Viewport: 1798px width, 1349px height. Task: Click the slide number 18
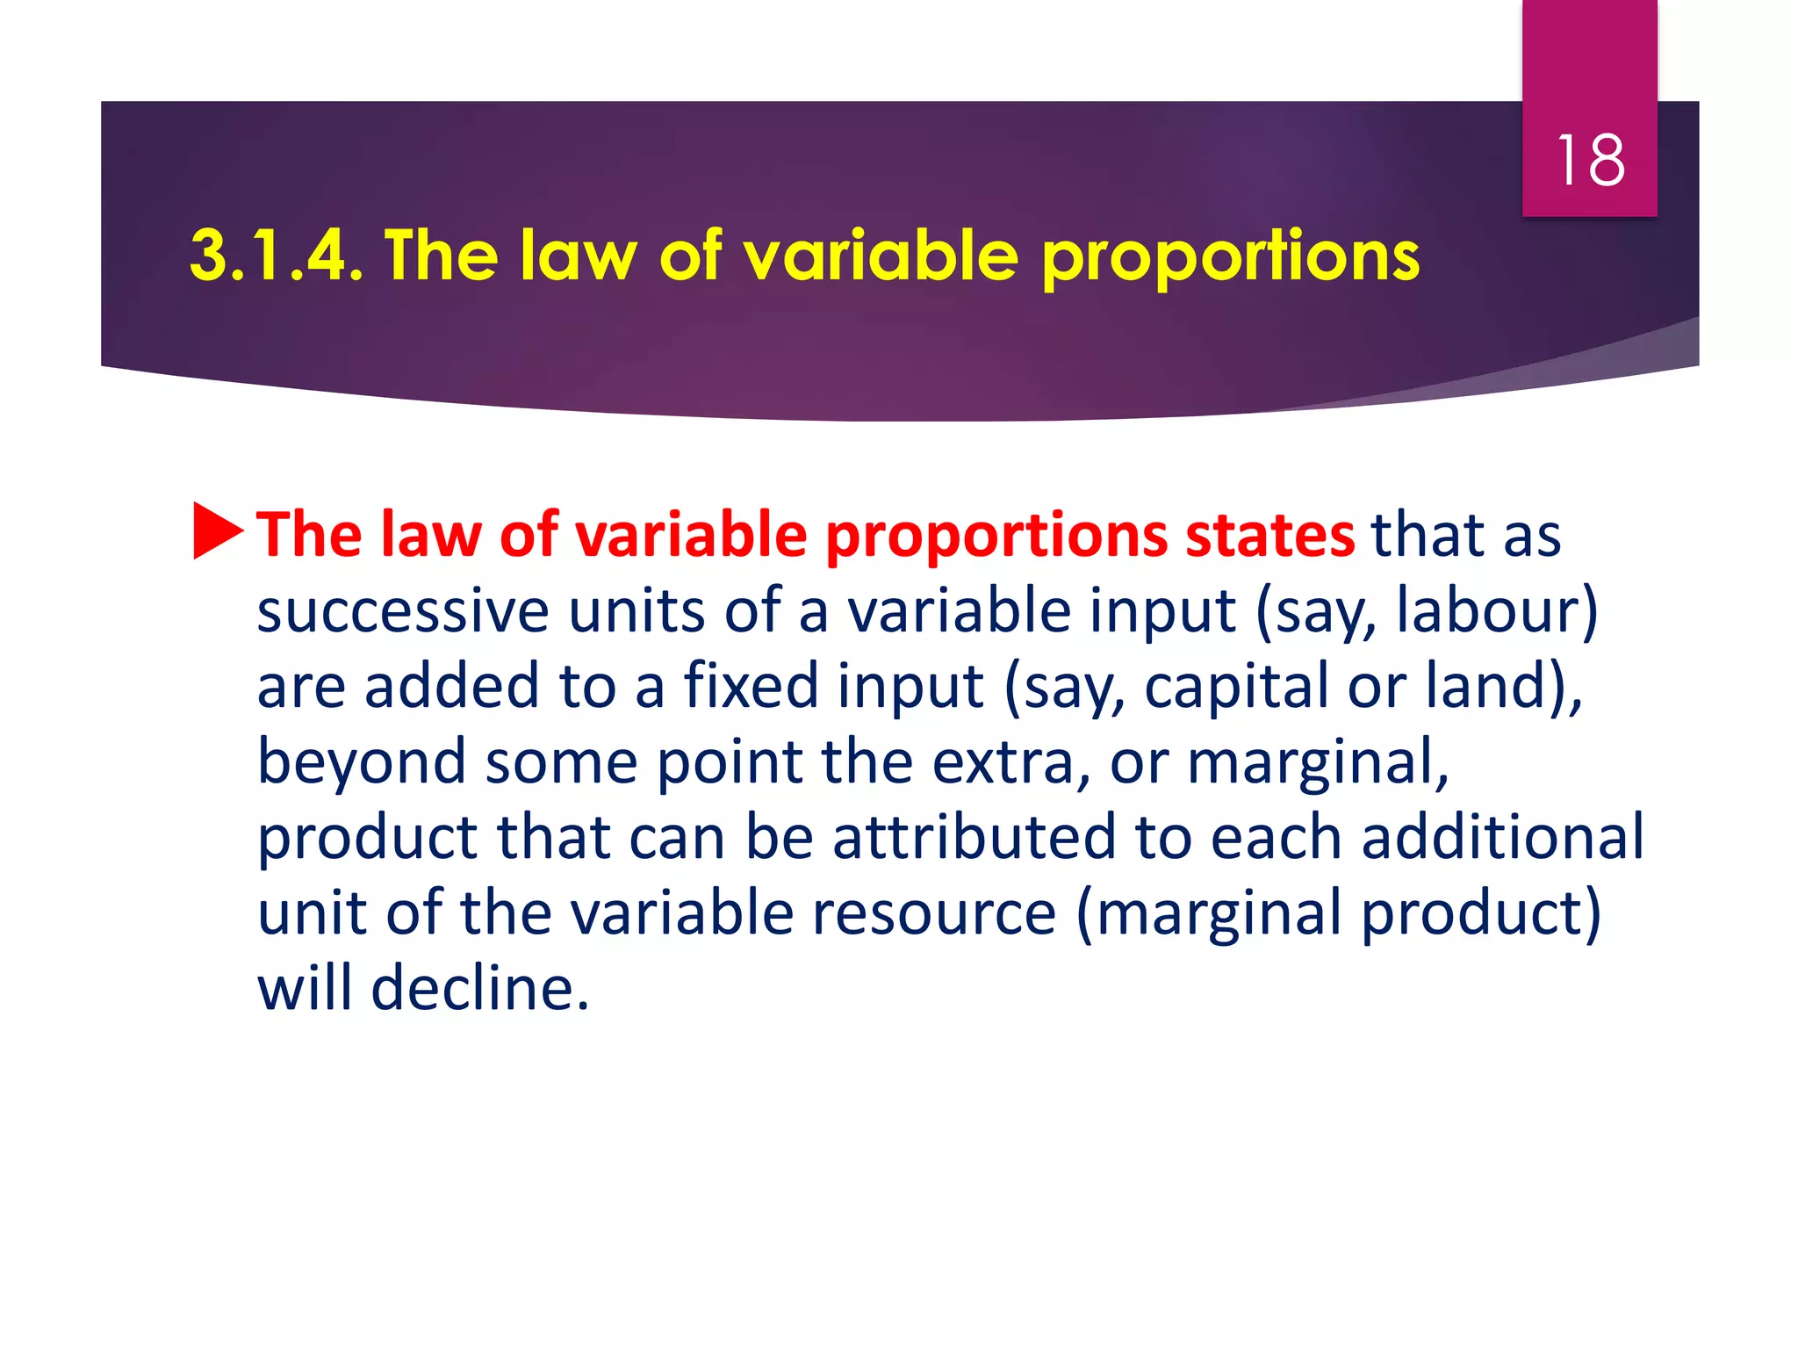1590,161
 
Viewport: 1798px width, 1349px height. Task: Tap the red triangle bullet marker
217,530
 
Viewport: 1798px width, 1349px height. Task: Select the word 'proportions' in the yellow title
1229,257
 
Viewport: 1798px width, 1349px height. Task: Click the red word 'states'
1269,535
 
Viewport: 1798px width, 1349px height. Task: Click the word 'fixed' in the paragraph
751,686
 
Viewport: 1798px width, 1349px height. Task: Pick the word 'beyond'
361,762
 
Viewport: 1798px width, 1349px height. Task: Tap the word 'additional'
1502,837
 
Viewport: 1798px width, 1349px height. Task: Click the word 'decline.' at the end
479,988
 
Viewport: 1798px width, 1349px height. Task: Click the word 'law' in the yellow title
578,256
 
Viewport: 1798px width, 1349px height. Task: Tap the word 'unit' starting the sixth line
311,913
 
